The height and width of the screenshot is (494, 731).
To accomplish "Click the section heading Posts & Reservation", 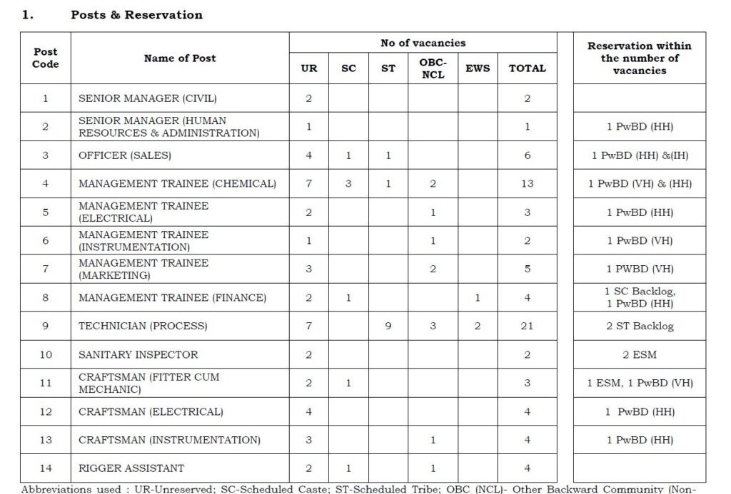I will (x=136, y=15).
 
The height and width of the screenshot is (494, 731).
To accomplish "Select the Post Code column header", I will (x=46, y=58).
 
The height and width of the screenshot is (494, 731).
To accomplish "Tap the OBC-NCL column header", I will (x=433, y=68).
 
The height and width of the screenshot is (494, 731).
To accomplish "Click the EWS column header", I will (x=477, y=68).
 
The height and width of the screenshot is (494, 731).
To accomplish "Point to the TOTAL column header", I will (x=527, y=68).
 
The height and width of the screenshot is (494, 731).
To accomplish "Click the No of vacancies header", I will (x=423, y=43).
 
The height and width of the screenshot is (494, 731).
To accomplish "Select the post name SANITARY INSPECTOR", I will (x=138, y=354).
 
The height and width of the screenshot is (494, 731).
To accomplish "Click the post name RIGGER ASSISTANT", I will (x=131, y=468).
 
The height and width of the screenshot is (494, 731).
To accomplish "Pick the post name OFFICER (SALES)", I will (x=125, y=155).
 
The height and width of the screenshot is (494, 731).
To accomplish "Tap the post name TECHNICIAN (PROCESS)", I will (x=143, y=326).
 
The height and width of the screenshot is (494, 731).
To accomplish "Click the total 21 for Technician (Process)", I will (x=527, y=326).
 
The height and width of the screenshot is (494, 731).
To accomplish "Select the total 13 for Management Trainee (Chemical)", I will (x=527, y=183).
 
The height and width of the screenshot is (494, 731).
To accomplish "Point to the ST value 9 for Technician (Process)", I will (x=388, y=326).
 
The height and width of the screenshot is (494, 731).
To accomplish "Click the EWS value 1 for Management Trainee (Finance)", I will (x=477, y=297).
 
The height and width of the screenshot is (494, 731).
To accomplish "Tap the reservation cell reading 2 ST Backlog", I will (x=640, y=326).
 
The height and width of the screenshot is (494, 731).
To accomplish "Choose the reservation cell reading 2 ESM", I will (x=640, y=354).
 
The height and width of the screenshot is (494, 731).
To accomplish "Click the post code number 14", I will (x=46, y=468).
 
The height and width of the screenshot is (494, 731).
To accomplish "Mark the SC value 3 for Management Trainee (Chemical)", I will (x=348, y=183).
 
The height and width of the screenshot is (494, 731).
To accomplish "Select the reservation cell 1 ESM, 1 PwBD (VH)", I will (x=640, y=383).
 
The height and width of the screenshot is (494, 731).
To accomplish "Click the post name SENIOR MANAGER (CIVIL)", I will (x=148, y=98).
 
